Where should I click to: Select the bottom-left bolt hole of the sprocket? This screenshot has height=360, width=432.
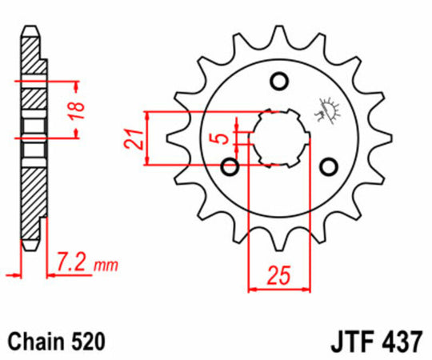coord(230,166)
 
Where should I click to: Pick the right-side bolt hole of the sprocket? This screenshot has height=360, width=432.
coord(328,166)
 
